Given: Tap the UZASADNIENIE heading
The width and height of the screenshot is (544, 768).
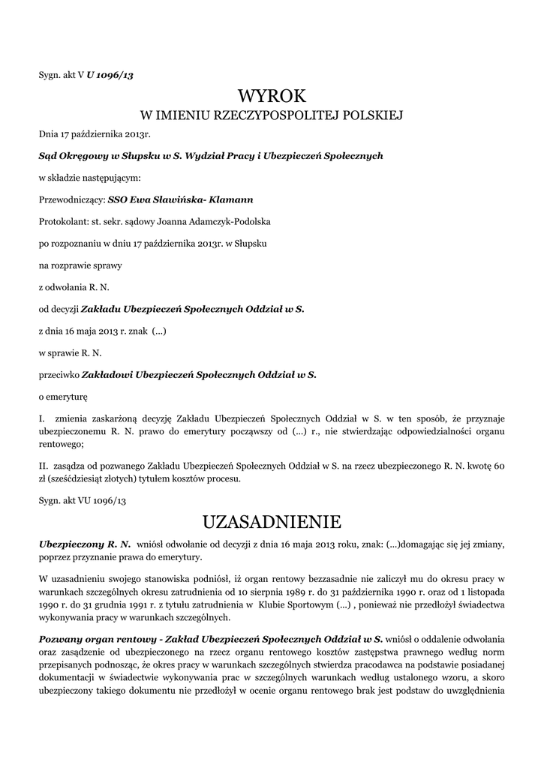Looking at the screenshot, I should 272,520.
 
